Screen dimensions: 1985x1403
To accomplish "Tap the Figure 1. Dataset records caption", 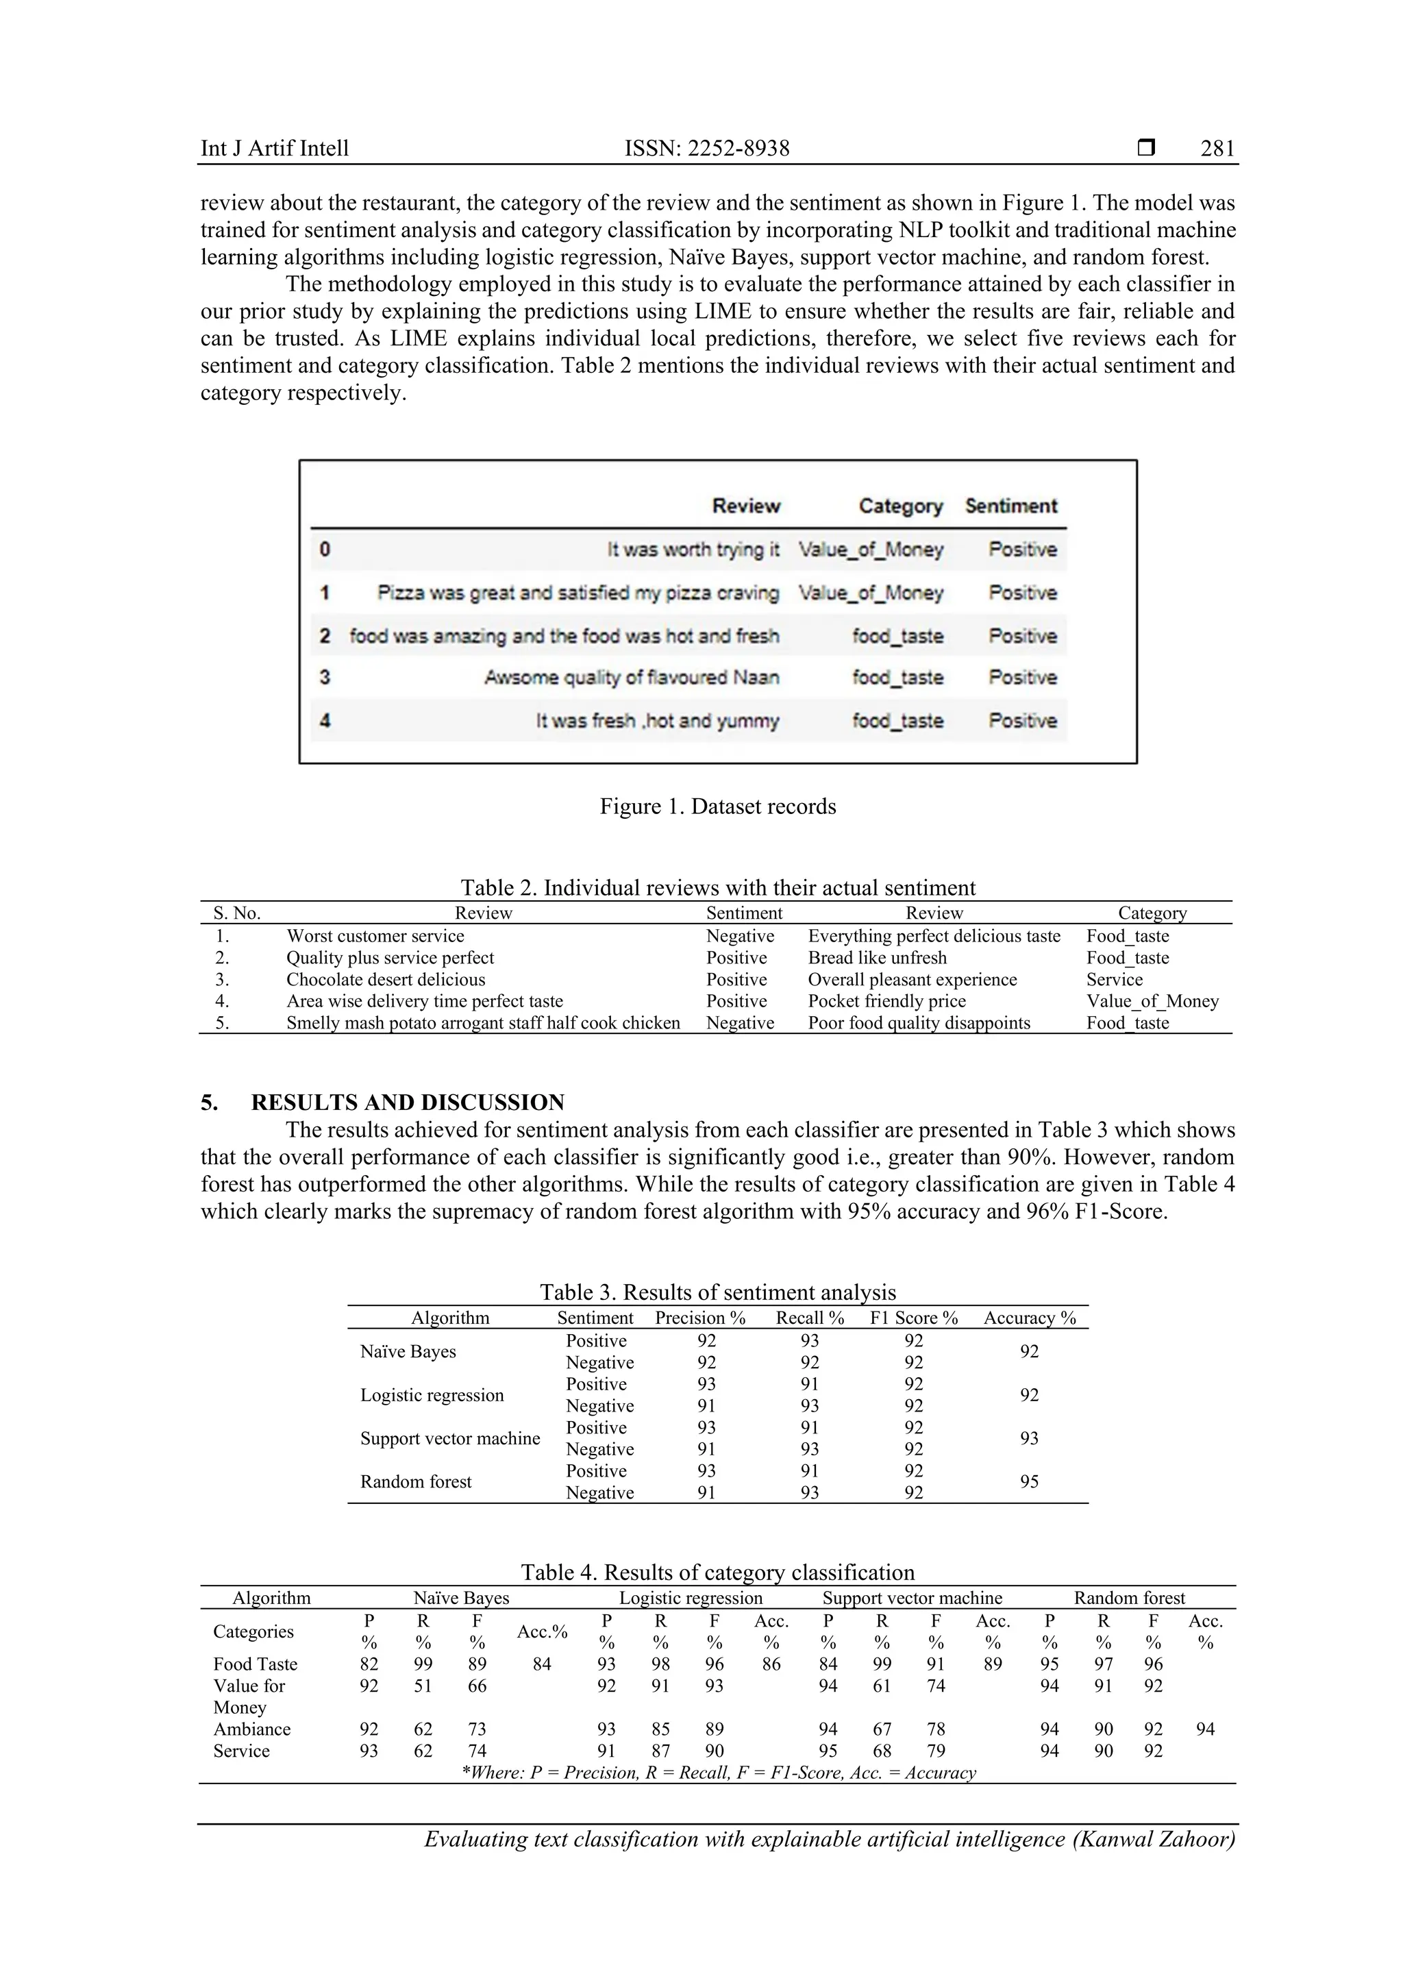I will (x=717, y=806).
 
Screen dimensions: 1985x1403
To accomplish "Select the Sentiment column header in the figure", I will (x=1010, y=506).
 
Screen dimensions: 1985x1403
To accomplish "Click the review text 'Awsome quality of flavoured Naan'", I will (x=631, y=678).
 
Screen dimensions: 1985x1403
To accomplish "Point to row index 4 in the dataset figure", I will (x=325, y=720).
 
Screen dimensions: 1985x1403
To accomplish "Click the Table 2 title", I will (x=717, y=888).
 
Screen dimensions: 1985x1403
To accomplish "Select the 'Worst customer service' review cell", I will (x=375, y=936).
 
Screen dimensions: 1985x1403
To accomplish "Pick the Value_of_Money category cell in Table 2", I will (x=1152, y=1001).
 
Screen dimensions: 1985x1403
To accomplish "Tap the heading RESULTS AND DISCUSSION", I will (x=407, y=1102).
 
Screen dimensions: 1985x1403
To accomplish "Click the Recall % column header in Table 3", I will (x=809, y=1318).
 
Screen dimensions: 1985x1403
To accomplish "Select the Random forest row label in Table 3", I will (x=416, y=1482).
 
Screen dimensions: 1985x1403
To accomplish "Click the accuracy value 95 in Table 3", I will (x=1029, y=1482).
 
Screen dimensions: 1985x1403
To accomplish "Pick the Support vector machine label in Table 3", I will (x=449, y=1439).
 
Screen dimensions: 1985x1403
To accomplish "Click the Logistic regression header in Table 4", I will (x=691, y=1598).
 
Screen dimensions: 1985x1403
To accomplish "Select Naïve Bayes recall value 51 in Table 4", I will (x=423, y=1686).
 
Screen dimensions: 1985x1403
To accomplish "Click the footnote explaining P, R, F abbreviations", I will (x=719, y=1773).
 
